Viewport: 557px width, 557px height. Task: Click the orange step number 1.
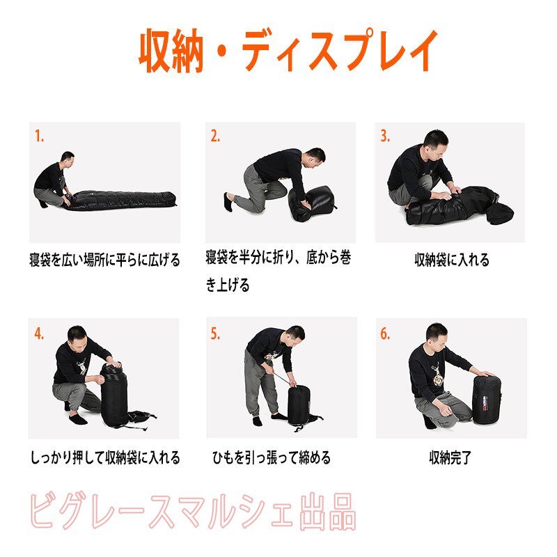(x=39, y=136)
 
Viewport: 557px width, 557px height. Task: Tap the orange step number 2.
(x=215, y=136)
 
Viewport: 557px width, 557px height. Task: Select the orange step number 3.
(x=385, y=136)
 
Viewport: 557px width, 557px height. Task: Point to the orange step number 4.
(x=39, y=334)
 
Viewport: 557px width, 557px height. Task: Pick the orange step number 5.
(x=215, y=334)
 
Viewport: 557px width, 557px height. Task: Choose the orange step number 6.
(x=385, y=334)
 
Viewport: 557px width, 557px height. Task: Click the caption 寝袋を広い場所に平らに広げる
(x=105, y=260)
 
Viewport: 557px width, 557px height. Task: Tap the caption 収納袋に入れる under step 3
(x=451, y=260)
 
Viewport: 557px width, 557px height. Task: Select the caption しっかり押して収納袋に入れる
(x=105, y=457)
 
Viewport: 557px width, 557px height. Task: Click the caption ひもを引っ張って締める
(x=272, y=457)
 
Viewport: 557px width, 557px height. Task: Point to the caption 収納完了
(x=450, y=457)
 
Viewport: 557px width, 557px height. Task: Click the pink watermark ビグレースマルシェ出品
(x=193, y=512)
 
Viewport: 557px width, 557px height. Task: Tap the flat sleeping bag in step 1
(x=120, y=200)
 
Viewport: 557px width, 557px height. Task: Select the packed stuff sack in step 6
(x=487, y=399)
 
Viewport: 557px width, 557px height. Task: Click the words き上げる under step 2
(x=228, y=285)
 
